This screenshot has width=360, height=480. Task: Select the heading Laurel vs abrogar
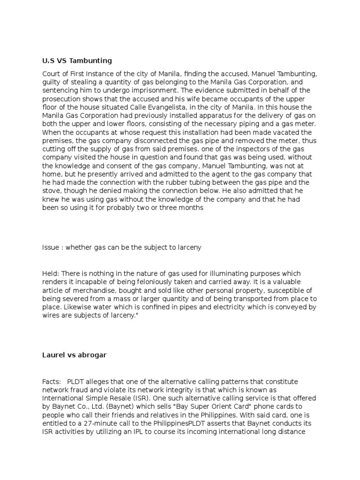coord(74,355)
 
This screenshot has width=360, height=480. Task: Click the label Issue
coord(51,247)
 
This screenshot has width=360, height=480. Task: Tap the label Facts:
coord(52,382)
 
